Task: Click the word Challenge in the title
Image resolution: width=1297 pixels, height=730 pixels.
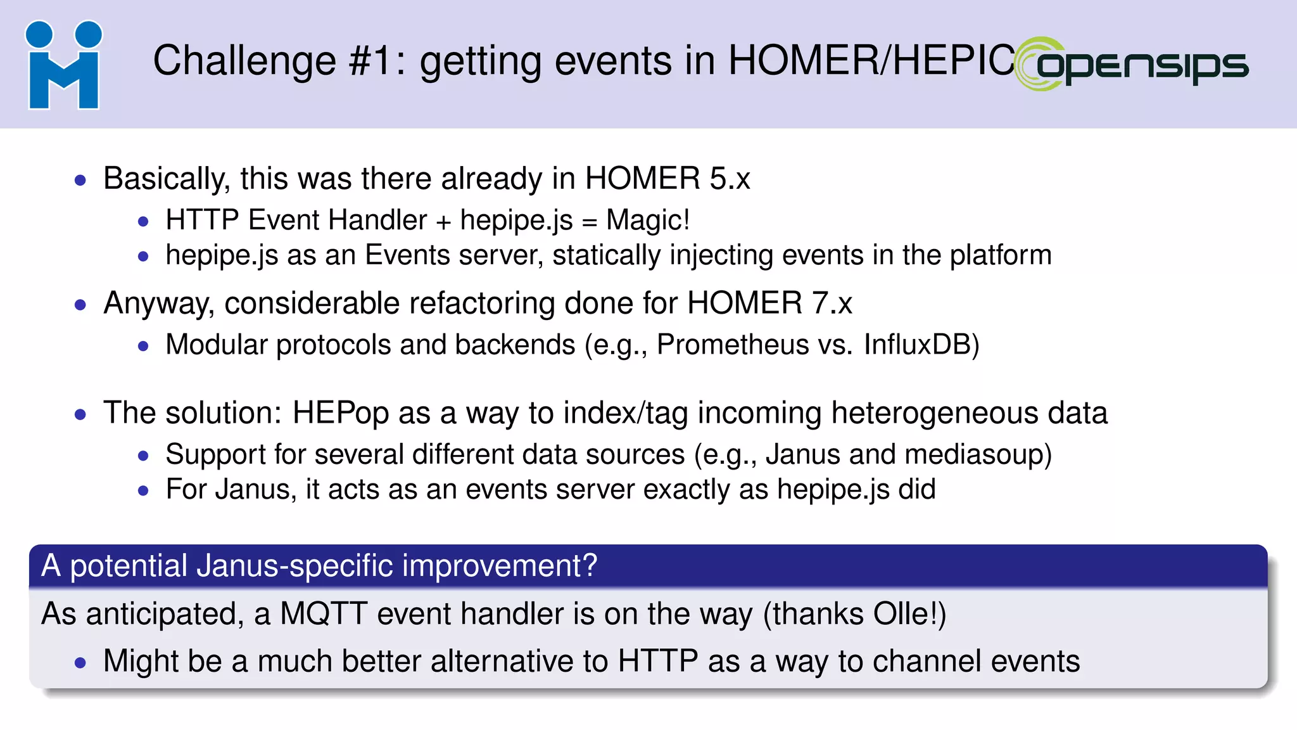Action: point(244,61)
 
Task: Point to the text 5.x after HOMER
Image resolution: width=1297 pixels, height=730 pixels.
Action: point(730,179)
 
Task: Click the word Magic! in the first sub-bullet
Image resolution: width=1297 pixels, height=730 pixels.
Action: point(647,221)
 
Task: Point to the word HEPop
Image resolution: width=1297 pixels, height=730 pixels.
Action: point(340,413)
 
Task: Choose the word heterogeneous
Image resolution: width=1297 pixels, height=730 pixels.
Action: point(933,413)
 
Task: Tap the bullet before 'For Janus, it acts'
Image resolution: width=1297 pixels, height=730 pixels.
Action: point(144,490)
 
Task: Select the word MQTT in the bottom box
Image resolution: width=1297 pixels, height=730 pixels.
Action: point(323,614)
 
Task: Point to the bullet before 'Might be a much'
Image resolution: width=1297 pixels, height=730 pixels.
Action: point(80,663)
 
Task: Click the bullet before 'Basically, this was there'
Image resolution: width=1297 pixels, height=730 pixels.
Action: point(80,180)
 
